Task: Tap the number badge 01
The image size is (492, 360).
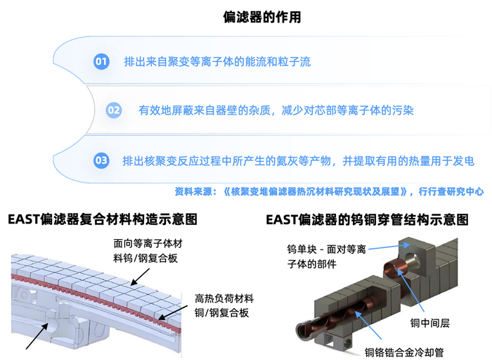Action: pos(101,62)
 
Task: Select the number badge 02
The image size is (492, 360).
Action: pos(114,110)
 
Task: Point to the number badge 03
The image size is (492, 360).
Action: pos(101,160)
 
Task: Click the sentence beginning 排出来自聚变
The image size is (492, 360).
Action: pos(216,62)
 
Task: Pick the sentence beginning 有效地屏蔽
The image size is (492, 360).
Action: pos(276,110)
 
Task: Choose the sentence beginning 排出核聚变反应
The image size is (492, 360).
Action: pos(298,161)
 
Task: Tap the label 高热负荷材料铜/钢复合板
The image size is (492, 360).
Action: pos(224,306)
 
